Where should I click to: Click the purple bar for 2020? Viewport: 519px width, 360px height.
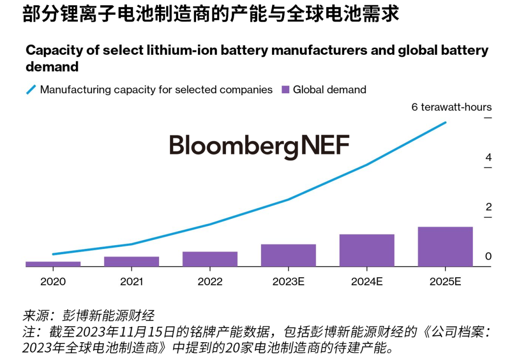point(53,264)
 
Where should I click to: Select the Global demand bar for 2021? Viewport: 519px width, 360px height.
point(132,261)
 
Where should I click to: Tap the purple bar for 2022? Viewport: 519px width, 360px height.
point(210,259)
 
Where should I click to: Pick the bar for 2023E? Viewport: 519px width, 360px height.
point(288,255)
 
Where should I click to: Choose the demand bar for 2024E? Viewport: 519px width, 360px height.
point(367,250)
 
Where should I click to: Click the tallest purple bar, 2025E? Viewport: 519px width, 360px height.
point(445,247)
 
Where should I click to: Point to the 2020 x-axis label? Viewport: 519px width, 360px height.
point(53,281)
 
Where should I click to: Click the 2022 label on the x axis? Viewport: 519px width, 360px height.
point(210,281)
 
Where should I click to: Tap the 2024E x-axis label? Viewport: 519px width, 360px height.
point(367,281)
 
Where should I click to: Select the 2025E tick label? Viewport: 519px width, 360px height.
point(445,281)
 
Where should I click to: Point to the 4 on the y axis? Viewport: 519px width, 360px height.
point(488,158)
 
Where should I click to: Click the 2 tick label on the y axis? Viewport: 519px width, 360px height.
point(488,207)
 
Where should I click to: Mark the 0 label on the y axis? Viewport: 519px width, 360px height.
point(488,256)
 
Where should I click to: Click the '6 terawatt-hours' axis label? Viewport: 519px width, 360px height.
point(451,107)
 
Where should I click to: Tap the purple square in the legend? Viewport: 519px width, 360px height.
point(285,89)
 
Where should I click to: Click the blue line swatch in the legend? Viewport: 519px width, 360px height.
point(31,89)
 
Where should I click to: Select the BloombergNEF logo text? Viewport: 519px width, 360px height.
point(259,145)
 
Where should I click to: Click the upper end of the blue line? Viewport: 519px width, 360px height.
point(445,123)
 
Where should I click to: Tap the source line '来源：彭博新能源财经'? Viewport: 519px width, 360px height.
point(88,316)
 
